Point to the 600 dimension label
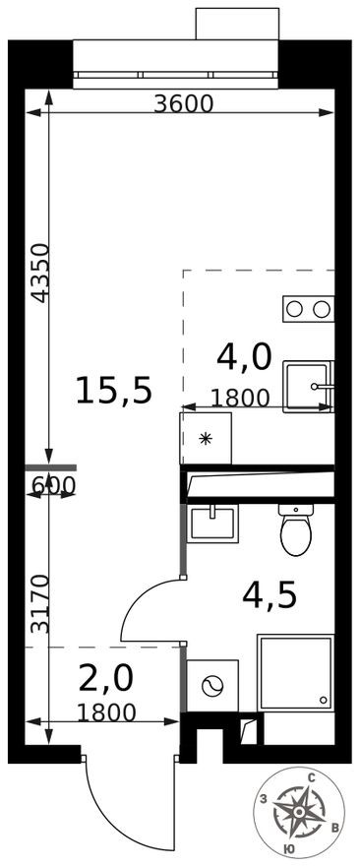point(52,485)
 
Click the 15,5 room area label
point(114,391)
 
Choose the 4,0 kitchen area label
point(243,357)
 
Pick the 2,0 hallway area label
point(104,679)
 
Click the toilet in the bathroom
point(295,531)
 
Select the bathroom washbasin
point(214,522)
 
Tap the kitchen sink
point(308,386)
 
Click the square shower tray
point(295,672)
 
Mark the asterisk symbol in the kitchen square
point(206,439)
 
